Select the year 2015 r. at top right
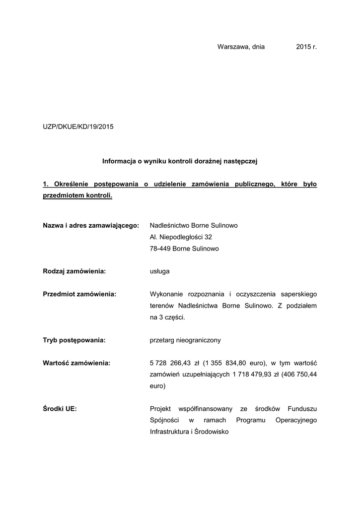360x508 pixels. pos(306,47)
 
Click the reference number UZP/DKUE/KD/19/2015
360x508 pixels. pos(78,127)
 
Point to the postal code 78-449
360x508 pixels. pos(160,249)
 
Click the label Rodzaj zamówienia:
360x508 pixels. pos(75,271)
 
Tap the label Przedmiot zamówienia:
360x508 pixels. pos(79,294)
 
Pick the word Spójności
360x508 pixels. pos(163,420)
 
